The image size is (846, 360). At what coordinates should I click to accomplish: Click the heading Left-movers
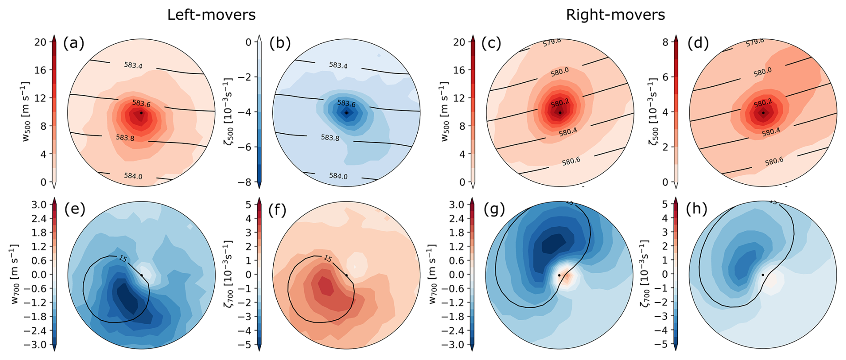coord(211,15)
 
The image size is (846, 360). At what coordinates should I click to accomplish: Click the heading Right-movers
coord(615,15)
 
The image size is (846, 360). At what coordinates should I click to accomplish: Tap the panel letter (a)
coord(74,43)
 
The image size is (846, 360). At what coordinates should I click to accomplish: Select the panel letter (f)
coord(277,209)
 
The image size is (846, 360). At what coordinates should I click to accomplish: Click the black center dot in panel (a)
coord(141,113)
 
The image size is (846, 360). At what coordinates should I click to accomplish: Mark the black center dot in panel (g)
coord(559,275)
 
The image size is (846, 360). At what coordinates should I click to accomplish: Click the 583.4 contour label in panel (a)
coord(133,65)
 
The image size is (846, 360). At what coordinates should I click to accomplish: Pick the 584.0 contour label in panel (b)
coord(338,176)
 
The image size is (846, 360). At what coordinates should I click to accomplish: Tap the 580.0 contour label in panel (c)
coord(560,72)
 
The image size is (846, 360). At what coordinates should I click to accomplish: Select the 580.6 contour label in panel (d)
coord(774,161)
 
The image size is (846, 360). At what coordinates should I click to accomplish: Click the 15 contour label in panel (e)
coord(123,258)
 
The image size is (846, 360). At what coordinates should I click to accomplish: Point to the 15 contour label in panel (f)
coord(327,258)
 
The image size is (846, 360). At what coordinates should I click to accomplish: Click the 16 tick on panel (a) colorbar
coord(40,70)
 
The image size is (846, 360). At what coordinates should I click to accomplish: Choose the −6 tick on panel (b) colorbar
coord(247,147)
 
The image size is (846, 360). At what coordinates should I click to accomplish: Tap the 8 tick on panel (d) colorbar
coord(665,42)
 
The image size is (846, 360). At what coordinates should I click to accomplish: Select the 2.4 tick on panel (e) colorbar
coord(39,218)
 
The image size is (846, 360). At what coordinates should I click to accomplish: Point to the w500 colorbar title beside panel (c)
coord(444,112)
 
